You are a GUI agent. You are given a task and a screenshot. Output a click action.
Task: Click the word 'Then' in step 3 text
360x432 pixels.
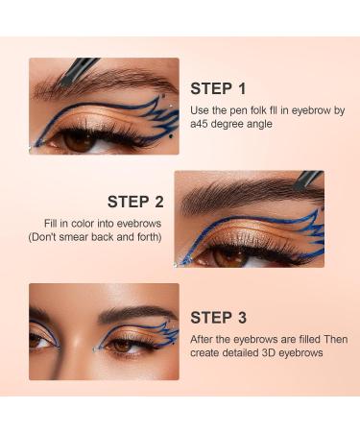334,339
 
